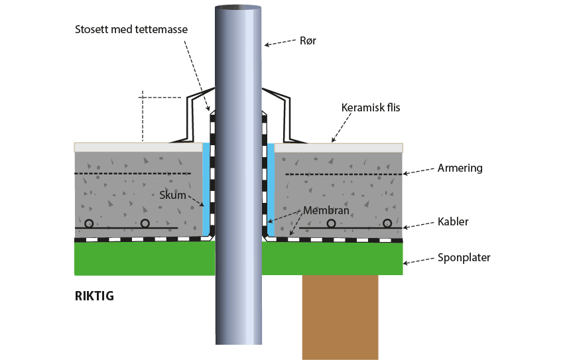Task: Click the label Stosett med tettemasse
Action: [132, 29]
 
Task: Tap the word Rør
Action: [308, 40]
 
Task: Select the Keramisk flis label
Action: [371, 107]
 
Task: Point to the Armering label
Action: [460, 168]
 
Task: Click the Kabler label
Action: [453, 221]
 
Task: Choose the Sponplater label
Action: [464, 257]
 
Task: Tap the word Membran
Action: [326, 211]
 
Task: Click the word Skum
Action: [172, 195]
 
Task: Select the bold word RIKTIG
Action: [94, 296]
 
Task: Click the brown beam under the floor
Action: [340, 317]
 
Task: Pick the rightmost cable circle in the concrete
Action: [388, 223]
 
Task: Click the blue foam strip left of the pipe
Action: [206, 189]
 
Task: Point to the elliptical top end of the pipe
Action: [239, 7]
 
